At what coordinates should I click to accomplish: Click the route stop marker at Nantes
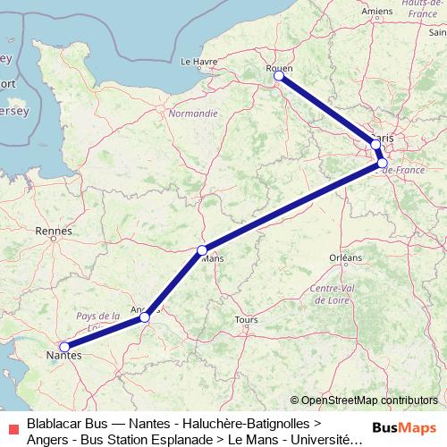64,346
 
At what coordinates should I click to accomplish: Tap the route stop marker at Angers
145,316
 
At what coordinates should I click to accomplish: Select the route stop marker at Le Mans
202,249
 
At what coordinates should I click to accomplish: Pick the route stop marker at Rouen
279,76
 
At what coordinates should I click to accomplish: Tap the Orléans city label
345,257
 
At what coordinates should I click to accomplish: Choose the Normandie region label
193,114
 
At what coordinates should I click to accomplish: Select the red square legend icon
12,428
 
